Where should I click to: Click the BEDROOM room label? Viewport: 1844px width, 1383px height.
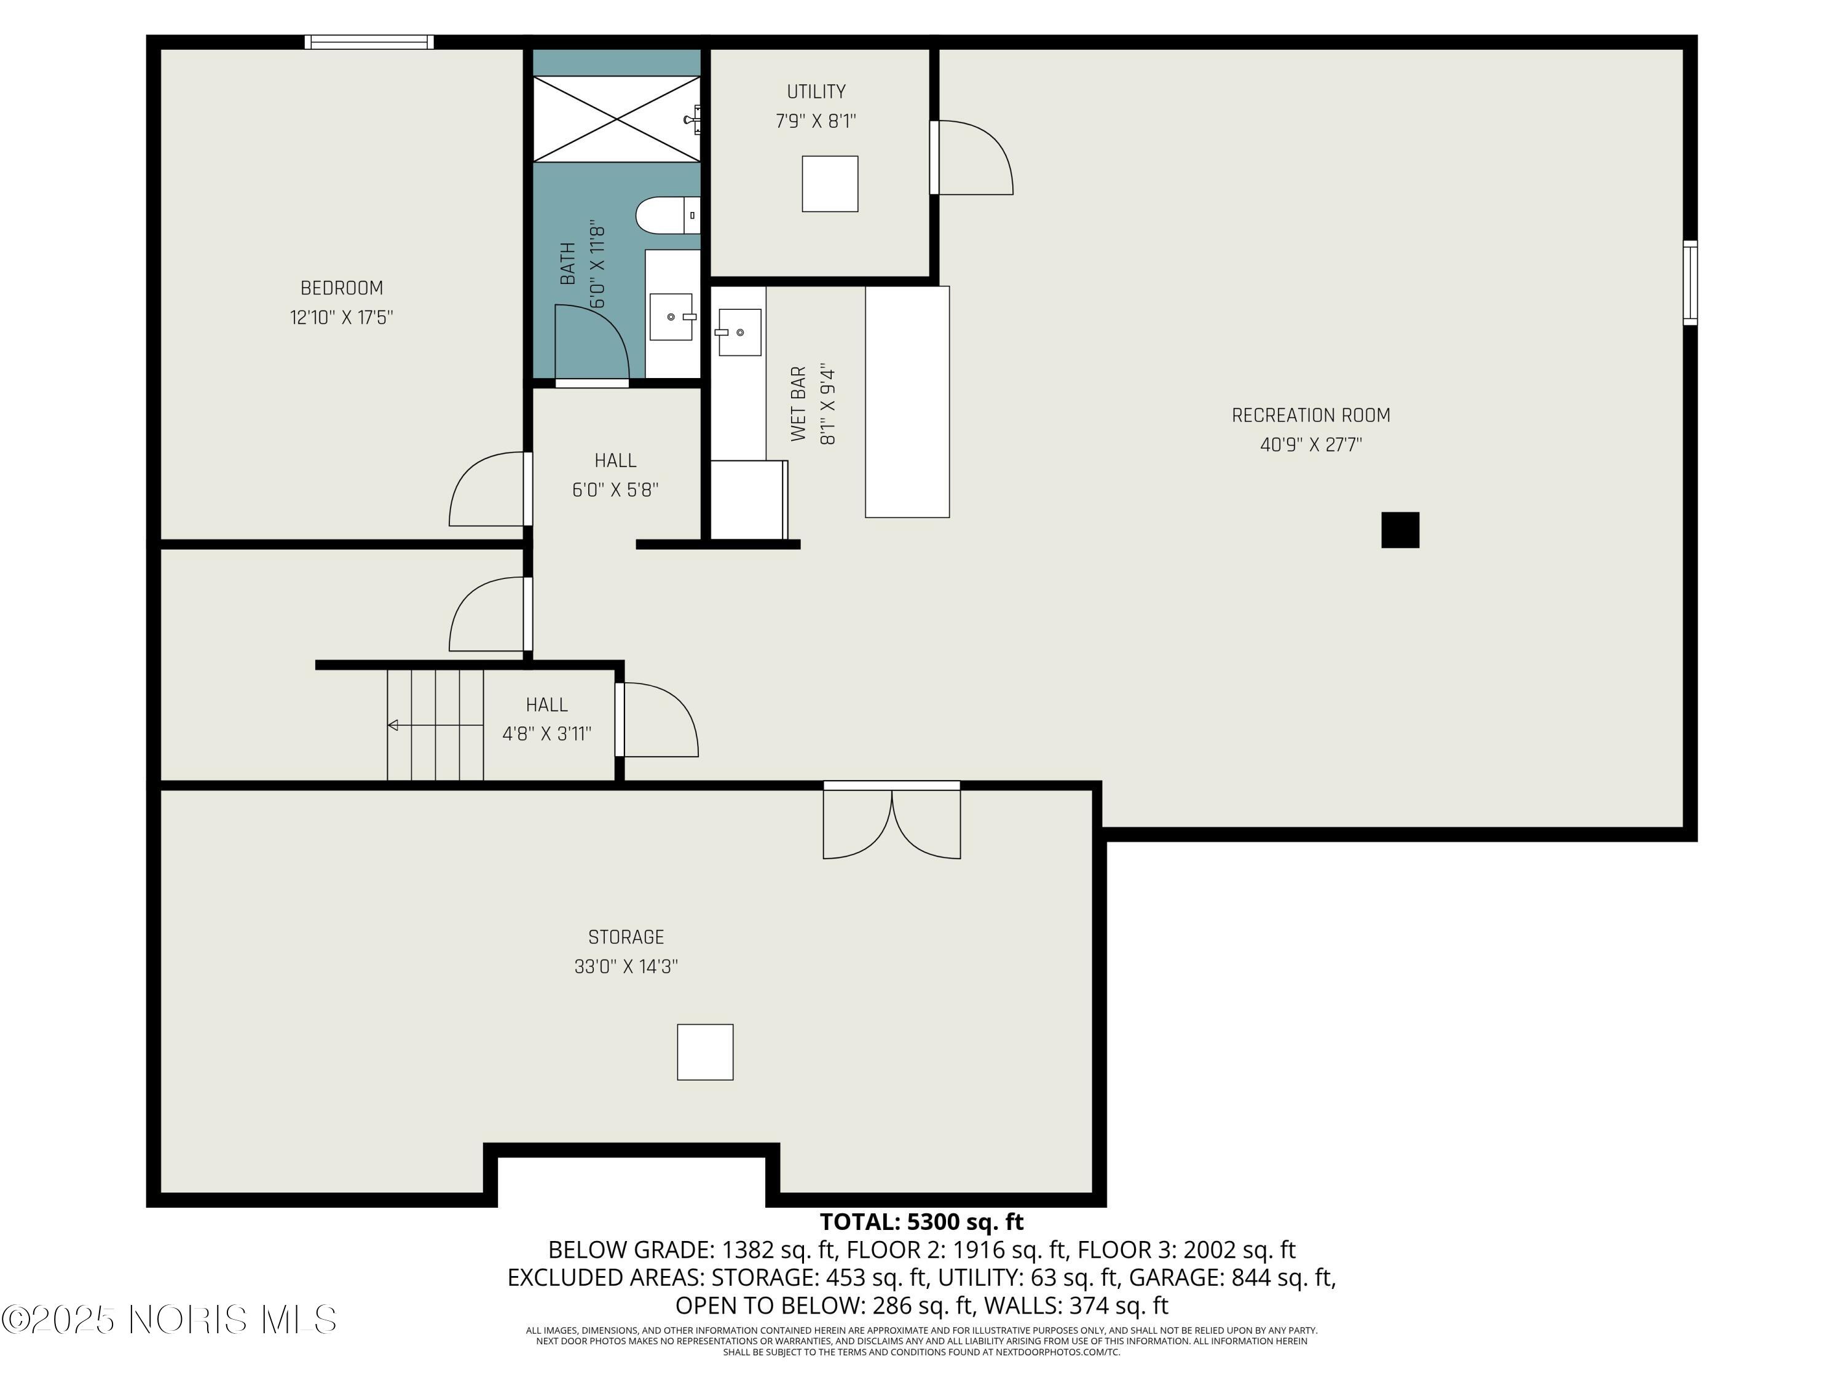coord(342,288)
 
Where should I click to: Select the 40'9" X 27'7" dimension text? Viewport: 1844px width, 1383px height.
coord(1310,445)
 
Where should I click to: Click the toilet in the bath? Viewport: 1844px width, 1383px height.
coord(663,215)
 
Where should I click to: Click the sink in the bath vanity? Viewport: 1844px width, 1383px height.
coord(671,317)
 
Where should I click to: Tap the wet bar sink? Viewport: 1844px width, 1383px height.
coord(739,332)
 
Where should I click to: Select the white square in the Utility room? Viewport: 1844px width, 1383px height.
coord(829,183)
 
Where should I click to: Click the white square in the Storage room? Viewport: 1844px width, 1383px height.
coord(704,1052)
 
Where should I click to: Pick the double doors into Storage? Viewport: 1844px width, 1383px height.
coord(891,821)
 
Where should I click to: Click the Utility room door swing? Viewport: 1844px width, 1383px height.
coord(973,159)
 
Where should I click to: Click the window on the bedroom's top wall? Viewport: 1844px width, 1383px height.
coord(368,42)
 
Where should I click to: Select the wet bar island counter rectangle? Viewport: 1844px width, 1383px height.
coord(907,402)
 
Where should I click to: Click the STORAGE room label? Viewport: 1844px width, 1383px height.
coord(626,937)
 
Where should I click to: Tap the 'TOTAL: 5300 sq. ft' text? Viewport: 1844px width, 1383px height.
coord(921,1222)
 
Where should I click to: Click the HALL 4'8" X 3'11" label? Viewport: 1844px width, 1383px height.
coord(547,719)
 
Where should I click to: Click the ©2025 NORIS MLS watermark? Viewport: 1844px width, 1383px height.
coord(169,1320)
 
